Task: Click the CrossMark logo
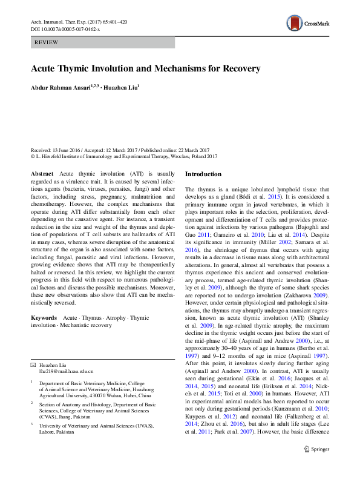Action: (x=307, y=24)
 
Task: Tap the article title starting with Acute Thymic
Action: (x=146, y=68)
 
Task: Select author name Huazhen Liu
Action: (x=122, y=88)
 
